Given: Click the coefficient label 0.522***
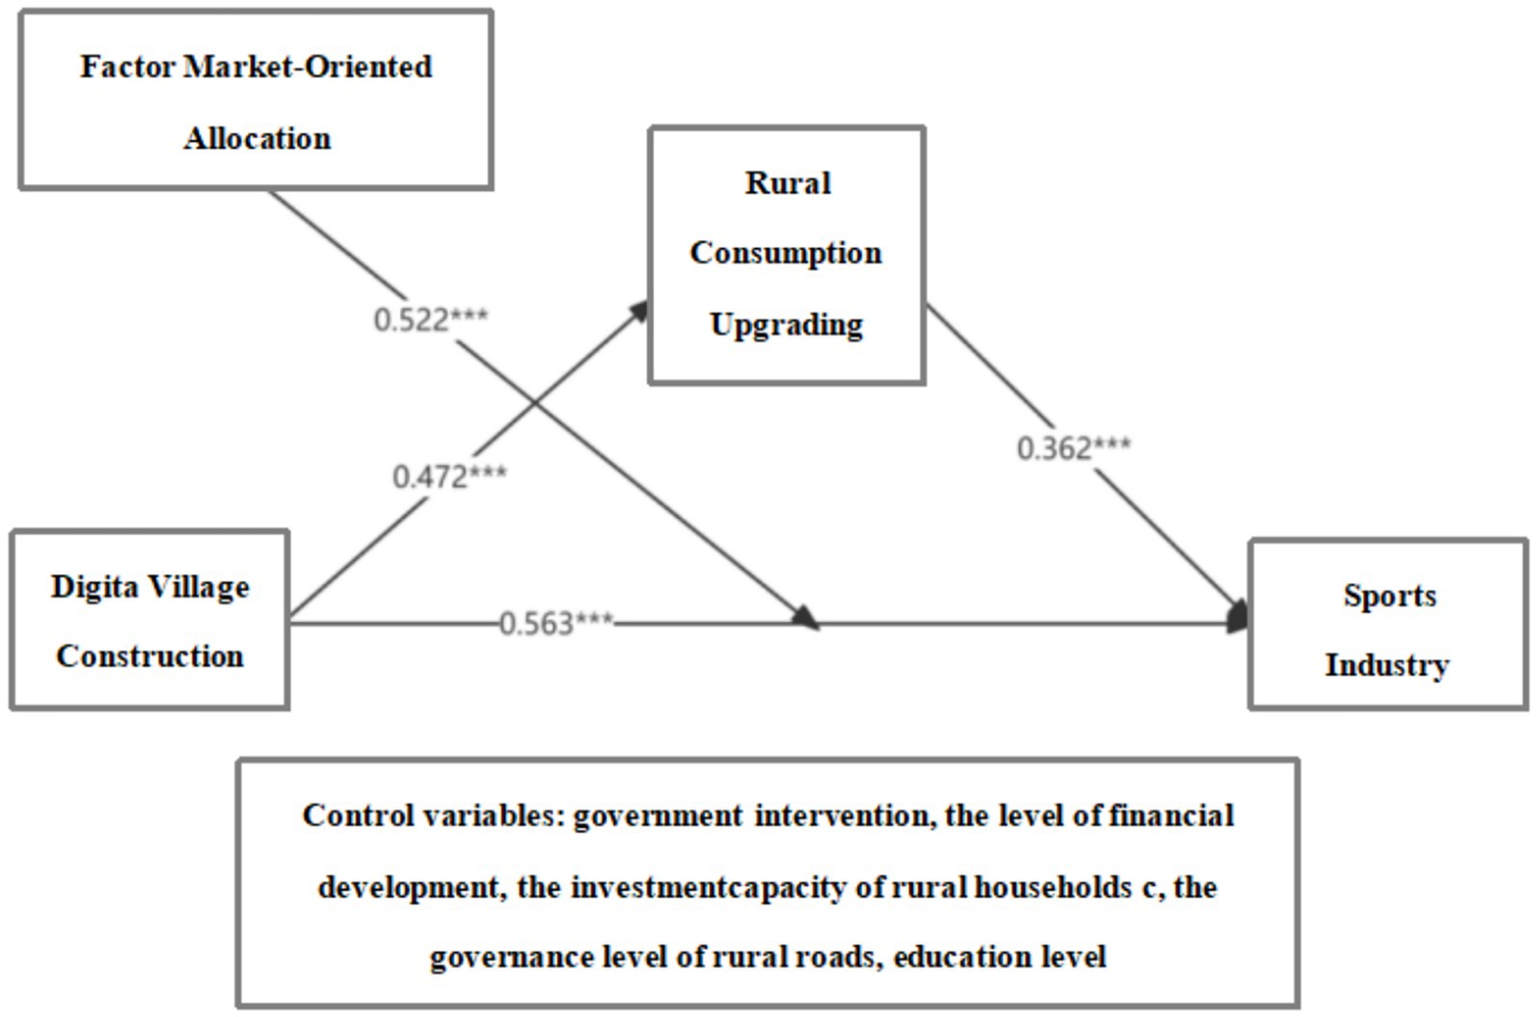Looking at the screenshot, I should point(431,319).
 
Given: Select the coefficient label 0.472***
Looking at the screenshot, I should point(449,476).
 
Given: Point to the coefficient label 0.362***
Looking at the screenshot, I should point(1073,448).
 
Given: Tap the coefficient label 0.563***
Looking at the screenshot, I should point(556,624).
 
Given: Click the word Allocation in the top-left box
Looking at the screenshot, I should point(257,138).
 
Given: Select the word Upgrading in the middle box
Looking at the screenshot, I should point(786,324).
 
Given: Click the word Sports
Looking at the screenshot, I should point(1389,595).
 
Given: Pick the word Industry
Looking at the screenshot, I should point(1387,665).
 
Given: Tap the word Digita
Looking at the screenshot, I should point(94,586).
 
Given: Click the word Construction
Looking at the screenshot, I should point(149,656).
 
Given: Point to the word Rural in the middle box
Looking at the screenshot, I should point(787,182).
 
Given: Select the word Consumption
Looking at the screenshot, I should point(786,253).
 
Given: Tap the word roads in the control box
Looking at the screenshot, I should point(836,957).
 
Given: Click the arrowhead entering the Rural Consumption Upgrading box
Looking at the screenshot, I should point(638,309).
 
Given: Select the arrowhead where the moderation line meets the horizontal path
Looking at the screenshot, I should point(806,619).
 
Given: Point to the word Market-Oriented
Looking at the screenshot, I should point(308,67).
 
